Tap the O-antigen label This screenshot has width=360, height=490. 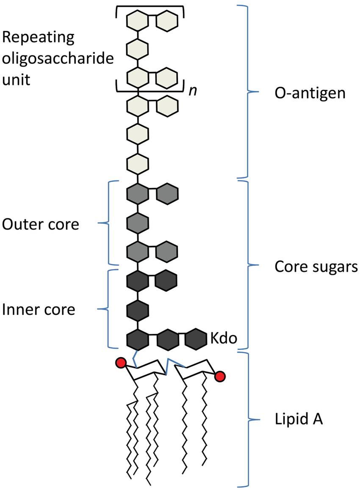pos(310,93)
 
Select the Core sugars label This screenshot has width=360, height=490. pos(316,267)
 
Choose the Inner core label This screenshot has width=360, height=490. pos(39,309)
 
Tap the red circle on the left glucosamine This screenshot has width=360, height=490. pos(121,363)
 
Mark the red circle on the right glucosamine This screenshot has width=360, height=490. pos(220,376)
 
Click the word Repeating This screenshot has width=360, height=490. pos(38,38)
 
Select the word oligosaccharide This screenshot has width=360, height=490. pos(58,58)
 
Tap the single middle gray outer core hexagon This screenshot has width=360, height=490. pos(137,221)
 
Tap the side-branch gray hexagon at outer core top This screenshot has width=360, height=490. pos(167,193)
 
